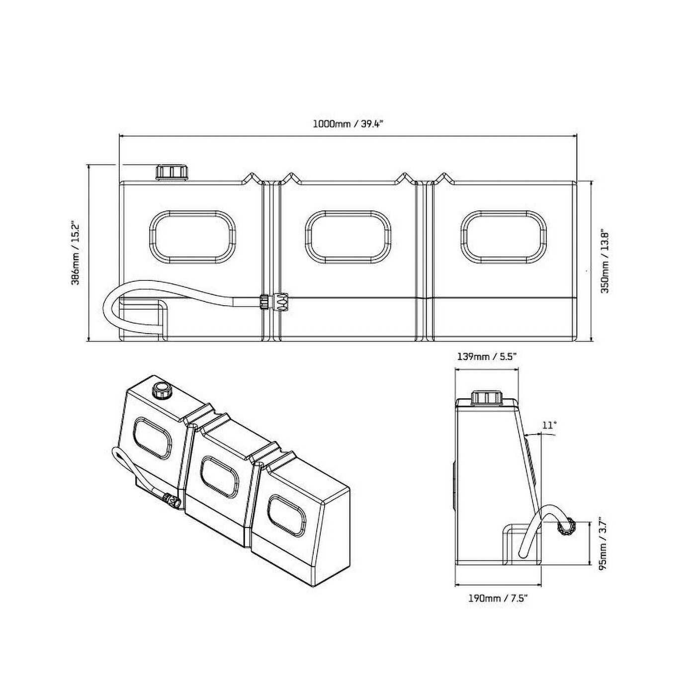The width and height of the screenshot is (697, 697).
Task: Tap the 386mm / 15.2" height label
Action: pyautogui.click(x=76, y=253)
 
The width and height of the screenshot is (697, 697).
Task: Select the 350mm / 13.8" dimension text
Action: pyautogui.click(x=606, y=261)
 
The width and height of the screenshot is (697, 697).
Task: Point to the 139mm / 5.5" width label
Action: pyautogui.click(x=487, y=356)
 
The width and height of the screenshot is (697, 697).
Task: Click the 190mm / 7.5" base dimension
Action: pyautogui.click(x=497, y=599)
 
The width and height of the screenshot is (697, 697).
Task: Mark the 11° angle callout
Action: pyautogui.click(x=549, y=425)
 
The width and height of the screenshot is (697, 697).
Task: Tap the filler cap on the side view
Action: pyautogui.click(x=487, y=398)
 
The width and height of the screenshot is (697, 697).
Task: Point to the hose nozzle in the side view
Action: pyautogui.click(x=567, y=526)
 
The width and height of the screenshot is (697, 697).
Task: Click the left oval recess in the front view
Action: pyautogui.click(x=192, y=236)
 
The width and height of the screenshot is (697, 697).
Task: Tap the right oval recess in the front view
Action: pyautogui.click(x=503, y=236)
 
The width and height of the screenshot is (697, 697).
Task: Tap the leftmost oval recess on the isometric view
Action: pyautogui.click(x=153, y=437)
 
